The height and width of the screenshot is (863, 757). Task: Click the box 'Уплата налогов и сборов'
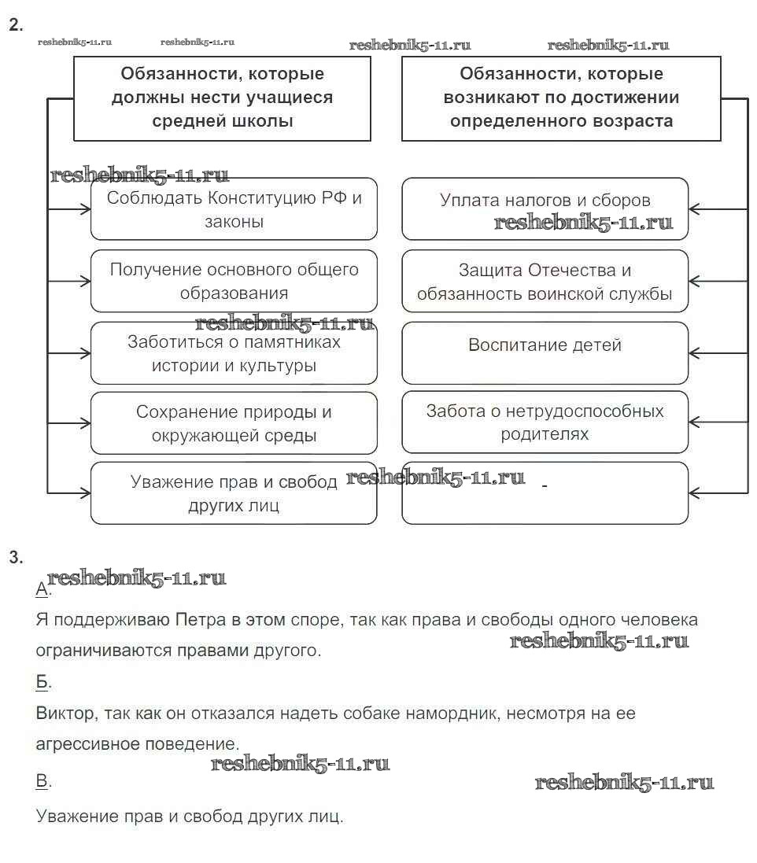pos(545,208)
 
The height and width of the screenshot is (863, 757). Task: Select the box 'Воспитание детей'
pos(545,352)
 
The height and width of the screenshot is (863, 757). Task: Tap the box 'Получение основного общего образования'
pos(234,281)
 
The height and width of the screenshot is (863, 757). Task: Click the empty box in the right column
pos(545,493)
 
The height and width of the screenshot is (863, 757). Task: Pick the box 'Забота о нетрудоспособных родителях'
pos(545,422)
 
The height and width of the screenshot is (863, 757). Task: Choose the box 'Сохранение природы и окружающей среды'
pos(234,423)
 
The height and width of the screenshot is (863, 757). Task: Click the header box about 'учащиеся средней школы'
pos(222,98)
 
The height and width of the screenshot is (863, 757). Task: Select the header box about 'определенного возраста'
pos(561,98)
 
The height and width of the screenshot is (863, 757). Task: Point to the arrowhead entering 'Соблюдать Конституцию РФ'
pos(85,209)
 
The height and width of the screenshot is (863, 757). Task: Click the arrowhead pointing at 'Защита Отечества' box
pos(694,280)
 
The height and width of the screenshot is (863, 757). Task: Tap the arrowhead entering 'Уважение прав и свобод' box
pos(85,493)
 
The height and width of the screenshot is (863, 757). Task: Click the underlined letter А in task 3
pos(42,589)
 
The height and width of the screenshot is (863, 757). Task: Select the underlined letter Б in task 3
pos(42,682)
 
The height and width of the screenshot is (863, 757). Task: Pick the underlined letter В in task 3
pos(42,781)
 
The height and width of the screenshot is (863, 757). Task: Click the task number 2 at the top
pos(14,25)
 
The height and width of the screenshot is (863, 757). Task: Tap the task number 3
pos(14,558)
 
